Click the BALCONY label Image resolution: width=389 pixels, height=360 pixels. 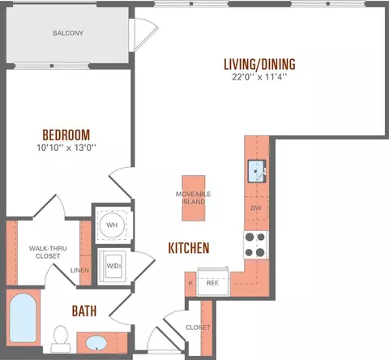68,33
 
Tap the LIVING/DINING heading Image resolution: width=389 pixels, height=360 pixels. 259,64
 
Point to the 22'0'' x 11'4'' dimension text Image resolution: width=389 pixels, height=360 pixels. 259,77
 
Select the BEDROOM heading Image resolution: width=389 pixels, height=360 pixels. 66,135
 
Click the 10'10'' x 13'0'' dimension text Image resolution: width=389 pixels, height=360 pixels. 66,148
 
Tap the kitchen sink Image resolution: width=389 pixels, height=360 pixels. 257,171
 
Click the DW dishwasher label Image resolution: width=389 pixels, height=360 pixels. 256,208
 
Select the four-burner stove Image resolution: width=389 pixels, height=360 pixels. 255,245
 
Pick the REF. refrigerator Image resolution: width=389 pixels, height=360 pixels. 213,282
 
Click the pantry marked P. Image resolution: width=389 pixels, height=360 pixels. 190,284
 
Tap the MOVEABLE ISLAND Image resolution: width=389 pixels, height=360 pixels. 194,198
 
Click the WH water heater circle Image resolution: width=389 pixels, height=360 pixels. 112,225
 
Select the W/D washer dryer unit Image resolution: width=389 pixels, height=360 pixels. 112,266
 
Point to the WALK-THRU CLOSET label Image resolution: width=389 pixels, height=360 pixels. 48,252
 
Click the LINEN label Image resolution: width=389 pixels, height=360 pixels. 79,270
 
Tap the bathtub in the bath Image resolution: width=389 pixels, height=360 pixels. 24,318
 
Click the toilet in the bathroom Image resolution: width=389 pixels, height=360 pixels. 61,339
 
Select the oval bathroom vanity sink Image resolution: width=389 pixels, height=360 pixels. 96,343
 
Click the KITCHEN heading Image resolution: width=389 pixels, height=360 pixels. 189,248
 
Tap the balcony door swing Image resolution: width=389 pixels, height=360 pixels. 144,35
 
